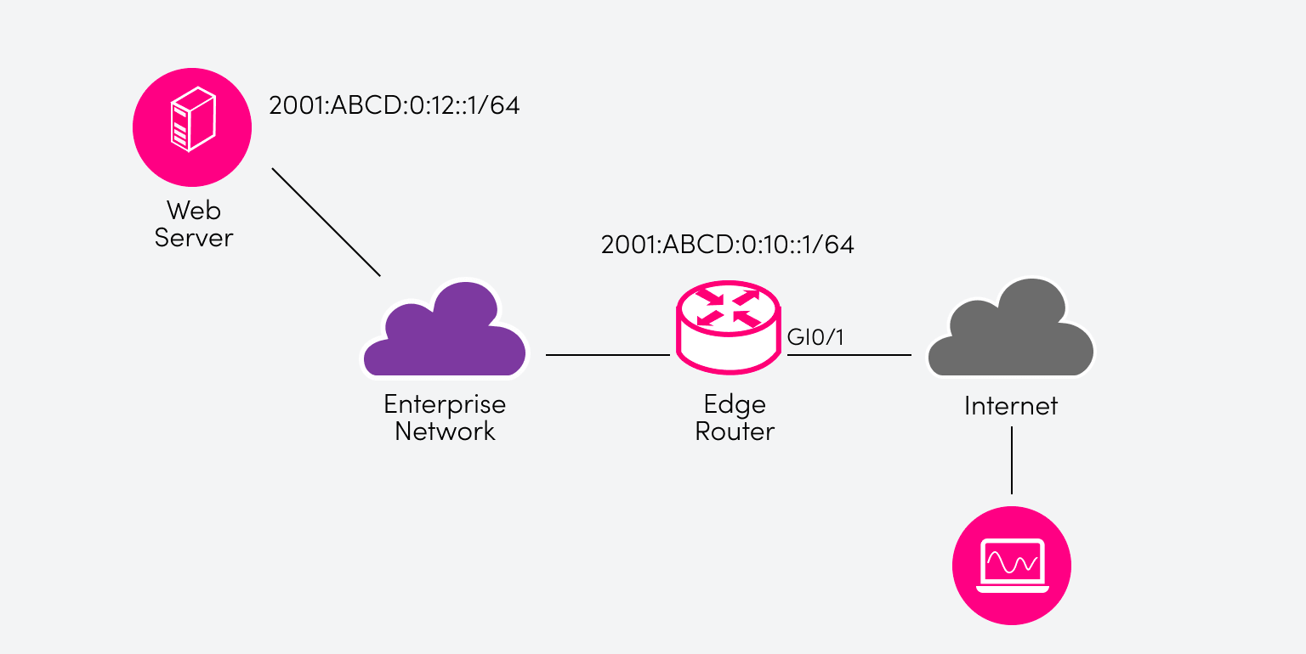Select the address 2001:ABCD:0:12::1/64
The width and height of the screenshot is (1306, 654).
(x=394, y=106)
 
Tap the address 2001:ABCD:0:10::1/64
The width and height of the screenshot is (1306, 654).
(x=727, y=245)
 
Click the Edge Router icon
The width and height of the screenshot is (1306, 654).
(x=727, y=328)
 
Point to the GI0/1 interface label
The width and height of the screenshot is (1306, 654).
(x=815, y=337)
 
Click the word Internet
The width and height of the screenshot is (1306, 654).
(x=1010, y=406)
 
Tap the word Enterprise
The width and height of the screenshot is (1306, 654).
(x=445, y=403)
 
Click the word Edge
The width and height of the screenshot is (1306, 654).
(x=735, y=403)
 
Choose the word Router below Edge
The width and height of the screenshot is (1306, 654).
(x=735, y=431)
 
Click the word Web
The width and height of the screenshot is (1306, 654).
(x=193, y=210)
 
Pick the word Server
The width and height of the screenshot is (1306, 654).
(x=193, y=237)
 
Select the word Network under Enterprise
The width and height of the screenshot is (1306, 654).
(x=445, y=431)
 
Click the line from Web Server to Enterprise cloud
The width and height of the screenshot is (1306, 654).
(x=326, y=222)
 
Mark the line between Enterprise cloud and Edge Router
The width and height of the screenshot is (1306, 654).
(x=607, y=355)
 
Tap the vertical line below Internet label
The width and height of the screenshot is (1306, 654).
(x=1012, y=459)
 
